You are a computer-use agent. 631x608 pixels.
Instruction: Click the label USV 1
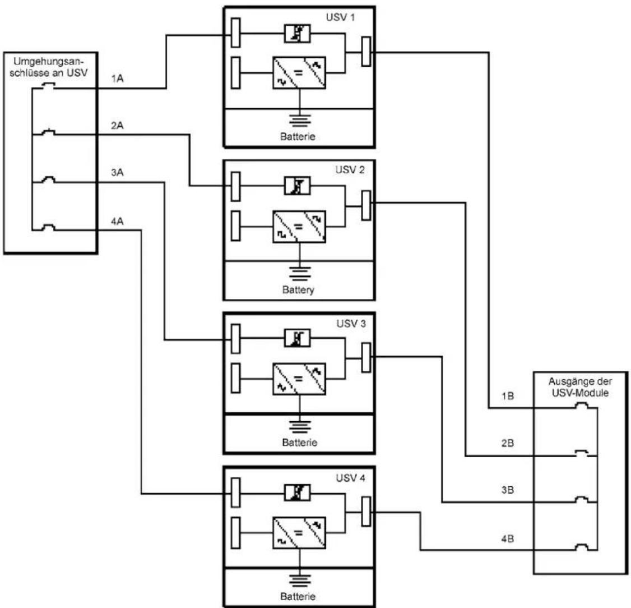point(341,17)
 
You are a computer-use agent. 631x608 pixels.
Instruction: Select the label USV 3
point(351,324)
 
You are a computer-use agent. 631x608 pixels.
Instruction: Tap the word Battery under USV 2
point(298,290)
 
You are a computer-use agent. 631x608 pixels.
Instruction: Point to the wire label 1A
point(117,79)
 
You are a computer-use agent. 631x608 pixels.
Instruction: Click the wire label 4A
point(117,221)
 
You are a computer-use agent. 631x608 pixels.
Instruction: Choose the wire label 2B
point(508,443)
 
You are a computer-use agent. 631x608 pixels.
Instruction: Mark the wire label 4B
point(508,539)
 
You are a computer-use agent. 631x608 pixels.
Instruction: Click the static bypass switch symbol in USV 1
point(298,34)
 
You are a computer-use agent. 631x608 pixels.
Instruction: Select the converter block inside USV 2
point(299,227)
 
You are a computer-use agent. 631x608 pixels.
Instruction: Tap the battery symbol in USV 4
point(300,580)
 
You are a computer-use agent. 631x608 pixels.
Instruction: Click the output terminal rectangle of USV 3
point(366,357)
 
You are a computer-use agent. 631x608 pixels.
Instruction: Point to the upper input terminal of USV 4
point(236,492)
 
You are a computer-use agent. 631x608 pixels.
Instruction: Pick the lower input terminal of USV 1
point(236,72)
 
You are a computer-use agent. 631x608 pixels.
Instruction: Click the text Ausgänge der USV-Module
point(580,387)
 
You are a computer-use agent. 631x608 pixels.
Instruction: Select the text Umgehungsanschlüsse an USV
point(49,67)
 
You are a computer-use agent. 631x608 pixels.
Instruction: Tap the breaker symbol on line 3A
point(48,180)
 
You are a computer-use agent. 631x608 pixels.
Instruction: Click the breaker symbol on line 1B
point(582,406)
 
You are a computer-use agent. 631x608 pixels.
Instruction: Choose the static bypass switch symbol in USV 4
point(298,492)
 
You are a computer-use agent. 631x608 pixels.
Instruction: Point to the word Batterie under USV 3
point(300,443)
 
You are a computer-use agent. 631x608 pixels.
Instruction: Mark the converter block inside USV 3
point(299,379)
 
